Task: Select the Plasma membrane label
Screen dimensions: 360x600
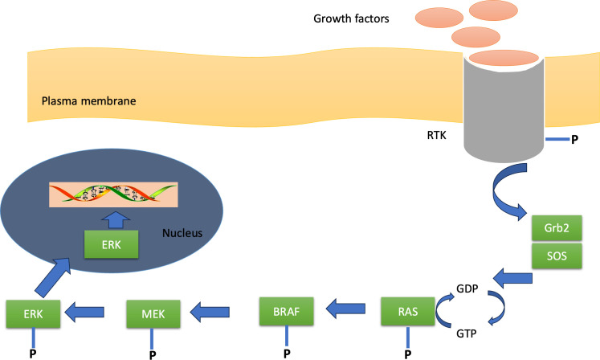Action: coord(79,102)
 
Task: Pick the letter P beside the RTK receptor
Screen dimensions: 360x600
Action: coord(573,140)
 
